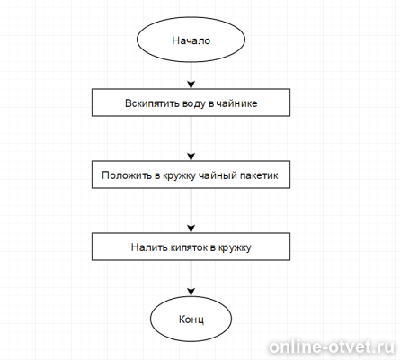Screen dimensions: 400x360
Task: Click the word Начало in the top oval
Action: coord(191,40)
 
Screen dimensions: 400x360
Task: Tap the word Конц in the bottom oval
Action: coord(191,319)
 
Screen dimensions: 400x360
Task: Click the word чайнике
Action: coord(236,103)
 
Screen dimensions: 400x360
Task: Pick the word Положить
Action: coord(127,175)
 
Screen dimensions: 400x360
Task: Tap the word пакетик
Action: coord(259,175)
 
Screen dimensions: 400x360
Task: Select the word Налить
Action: coord(149,247)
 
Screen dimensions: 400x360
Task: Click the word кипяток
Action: coord(189,247)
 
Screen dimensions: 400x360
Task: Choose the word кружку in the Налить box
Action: coord(235,248)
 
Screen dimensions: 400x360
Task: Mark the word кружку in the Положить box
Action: coord(179,176)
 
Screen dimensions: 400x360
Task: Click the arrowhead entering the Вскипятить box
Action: coord(191,85)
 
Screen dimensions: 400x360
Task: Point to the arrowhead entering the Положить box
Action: coord(191,157)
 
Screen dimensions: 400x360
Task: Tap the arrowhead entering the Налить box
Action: coord(191,229)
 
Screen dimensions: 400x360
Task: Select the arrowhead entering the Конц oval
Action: coord(191,292)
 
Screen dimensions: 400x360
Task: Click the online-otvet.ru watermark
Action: coord(332,346)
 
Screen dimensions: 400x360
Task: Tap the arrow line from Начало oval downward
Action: coord(191,76)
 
